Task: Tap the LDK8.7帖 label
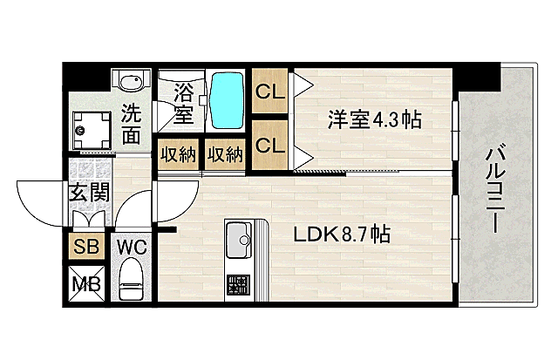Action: [341, 234]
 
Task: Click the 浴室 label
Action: [184, 101]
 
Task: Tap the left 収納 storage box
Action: [178, 155]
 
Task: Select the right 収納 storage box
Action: [224, 155]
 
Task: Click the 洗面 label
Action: [131, 123]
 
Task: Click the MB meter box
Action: [86, 283]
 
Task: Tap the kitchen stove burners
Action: [237, 283]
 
